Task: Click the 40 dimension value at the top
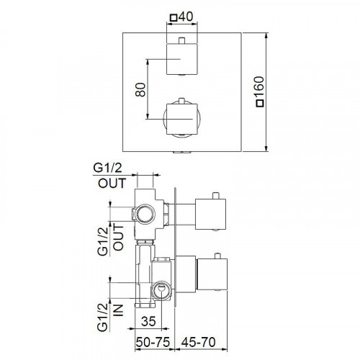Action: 185,17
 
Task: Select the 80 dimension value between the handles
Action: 140,89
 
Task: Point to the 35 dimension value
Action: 148,321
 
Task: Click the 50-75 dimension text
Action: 153,342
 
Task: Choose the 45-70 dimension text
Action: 198,342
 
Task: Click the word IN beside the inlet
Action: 118,310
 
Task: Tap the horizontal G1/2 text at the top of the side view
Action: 107,168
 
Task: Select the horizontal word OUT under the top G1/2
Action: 112,183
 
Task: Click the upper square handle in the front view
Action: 182,59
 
